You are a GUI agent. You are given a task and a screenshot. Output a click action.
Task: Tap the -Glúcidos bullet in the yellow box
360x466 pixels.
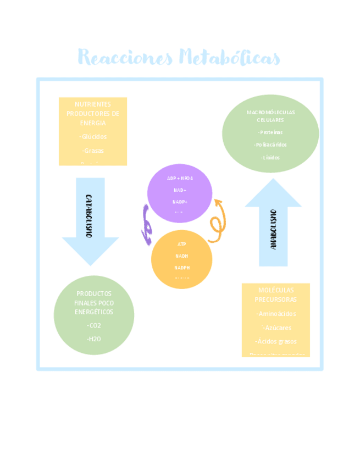[93, 137]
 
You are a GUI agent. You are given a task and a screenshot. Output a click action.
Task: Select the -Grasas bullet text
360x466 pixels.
[93, 151]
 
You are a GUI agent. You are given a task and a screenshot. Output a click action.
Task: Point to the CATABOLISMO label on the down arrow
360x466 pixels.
[88, 215]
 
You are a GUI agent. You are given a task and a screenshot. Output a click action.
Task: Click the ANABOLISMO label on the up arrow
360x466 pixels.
[273, 229]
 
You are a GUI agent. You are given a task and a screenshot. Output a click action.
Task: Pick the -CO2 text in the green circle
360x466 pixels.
[94, 325]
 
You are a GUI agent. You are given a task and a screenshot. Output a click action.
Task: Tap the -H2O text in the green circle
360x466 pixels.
[94, 339]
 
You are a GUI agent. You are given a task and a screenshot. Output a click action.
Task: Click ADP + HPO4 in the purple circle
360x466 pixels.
[180, 179]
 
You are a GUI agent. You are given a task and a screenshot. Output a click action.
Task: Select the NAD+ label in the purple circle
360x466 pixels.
[180, 190]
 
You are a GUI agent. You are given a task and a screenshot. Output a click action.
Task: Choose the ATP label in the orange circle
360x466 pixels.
[182, 244]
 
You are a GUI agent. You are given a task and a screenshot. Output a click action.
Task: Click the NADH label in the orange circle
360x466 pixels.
[182, 256]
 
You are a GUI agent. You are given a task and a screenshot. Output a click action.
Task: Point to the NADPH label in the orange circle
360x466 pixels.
[182, 268]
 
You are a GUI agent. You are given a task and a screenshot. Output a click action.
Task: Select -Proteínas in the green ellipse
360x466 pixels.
[270, 132]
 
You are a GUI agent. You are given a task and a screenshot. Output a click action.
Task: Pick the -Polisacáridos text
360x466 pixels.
[270, 145]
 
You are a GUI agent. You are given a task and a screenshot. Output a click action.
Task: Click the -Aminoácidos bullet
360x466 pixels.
[276, 314]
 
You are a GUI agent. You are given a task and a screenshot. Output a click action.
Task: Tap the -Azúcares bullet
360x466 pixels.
[276, 328]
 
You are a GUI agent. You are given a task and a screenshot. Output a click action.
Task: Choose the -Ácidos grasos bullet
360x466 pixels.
[276, 341]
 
